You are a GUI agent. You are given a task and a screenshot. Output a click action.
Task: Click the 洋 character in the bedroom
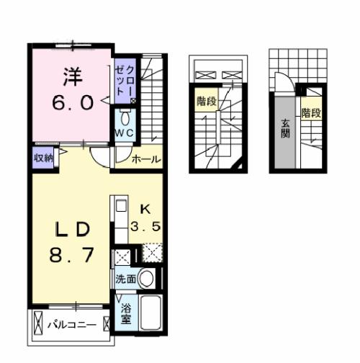click(70, 75)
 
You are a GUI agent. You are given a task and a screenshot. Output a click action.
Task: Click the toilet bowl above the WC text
click(125, 117)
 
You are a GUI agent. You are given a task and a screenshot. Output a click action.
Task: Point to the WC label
click(125, 134)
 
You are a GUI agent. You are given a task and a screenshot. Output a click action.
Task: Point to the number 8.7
click(70, 256)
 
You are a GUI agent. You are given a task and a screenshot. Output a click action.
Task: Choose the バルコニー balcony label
click(72, 325)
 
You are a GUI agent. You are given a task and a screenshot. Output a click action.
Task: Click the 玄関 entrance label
click(285, 128)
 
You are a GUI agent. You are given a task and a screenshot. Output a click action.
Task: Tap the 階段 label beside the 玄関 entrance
click(310, 113)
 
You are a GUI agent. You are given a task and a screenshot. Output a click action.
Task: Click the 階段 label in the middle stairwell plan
click(207, 102)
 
